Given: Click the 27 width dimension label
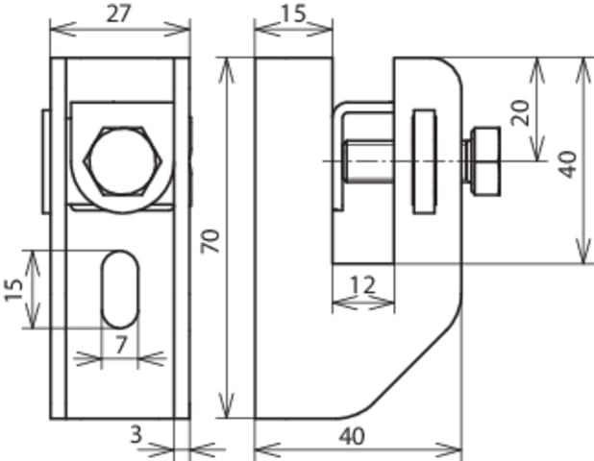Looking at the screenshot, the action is (x=118, y=13).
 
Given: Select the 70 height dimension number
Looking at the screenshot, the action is (x=210, y=241).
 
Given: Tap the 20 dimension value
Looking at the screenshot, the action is (x=519, y=112).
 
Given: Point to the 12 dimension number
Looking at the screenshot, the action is (x=362, y=284).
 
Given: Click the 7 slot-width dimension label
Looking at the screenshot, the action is (x=121, y=345).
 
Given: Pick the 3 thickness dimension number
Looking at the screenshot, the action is (x=136, y=434).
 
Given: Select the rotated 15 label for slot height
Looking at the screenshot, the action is (x=13, y=289).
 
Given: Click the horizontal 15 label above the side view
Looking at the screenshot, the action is (x=293, y=14).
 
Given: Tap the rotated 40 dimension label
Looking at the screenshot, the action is (x=568, y=164).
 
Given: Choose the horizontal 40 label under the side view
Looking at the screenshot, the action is (x=352, y=436).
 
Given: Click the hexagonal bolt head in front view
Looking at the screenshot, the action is (x=123, y=161).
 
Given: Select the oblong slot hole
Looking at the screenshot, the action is (x=120, y=289).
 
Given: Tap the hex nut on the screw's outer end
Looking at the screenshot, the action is (x=484, y=161).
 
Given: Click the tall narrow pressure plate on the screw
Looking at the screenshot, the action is (x=424, y=161).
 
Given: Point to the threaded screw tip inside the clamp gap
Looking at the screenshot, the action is (x=367, y=161).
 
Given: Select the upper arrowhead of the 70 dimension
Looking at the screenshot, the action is (x=226, y=71).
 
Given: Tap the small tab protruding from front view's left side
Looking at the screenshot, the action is (x=46, y=161).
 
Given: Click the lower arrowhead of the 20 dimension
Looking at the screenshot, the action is (x=536, y=149).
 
